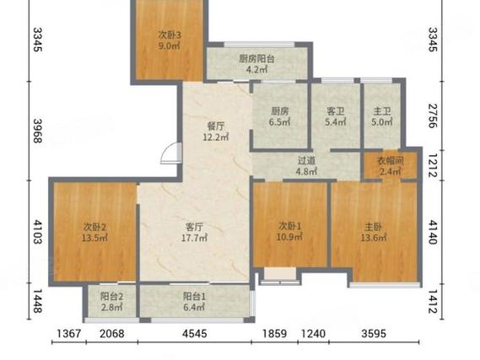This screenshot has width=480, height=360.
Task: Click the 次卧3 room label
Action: [170, 35]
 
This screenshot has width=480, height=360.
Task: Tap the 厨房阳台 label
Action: [256, 59]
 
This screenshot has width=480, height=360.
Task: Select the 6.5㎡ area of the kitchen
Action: [279, 122]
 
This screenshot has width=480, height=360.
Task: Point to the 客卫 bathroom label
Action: [335, 111]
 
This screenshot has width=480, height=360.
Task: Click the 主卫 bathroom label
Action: [382, 111]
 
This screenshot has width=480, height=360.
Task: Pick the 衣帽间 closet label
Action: [390, 160]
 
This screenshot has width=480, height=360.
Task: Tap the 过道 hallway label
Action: [306, 160]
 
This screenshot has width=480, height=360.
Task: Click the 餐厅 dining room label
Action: [216, 126]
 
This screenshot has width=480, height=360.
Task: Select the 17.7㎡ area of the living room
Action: [194, 238]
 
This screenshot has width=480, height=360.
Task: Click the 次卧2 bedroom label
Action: [94, 227]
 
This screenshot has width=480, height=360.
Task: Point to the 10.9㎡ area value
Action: [289, 237]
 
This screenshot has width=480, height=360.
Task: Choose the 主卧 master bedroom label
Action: [373, 227]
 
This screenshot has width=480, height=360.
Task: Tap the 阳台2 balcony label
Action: [111, 296]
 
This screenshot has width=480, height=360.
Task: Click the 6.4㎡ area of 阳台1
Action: [194, 307]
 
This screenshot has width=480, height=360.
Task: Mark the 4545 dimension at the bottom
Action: [194, 333]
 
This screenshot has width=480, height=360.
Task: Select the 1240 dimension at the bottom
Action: [313, 333]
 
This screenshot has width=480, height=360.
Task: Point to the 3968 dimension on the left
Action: [37, 131]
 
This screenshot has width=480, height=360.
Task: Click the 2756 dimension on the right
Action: [432, 116]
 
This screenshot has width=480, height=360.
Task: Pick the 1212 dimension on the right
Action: [432, 165]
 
